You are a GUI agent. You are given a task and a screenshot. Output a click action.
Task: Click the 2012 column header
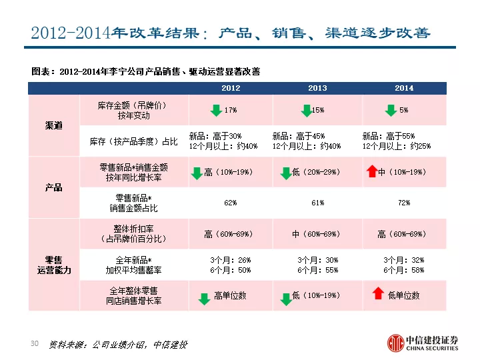[x=231, y=88]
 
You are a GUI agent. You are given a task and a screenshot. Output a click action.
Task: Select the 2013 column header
[x=317, y=88]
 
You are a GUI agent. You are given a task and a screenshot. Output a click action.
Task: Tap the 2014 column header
[x=404, y=88]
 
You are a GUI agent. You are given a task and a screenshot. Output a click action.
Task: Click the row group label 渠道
[x=54, y=125]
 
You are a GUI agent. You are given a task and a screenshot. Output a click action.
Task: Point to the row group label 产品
[x=54, y=187]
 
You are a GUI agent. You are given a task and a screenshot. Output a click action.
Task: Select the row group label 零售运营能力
[x=54, y=265]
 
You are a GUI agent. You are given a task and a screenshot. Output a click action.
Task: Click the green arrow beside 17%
[x=216, y=110]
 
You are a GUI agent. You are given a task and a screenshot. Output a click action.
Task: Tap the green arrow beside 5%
[x=391, y=110]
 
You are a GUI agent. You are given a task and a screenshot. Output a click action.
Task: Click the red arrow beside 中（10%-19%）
[x=372, y=171]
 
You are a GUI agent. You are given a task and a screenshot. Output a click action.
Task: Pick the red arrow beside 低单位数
[x=378, y=293]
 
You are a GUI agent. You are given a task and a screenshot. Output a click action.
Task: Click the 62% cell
[x=231, y=203]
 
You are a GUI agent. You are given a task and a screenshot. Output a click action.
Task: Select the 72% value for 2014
[x=404, y=203]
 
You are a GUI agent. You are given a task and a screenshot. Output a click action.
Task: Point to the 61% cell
[x=318, y=203]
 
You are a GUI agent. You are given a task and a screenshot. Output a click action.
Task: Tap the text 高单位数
[x=230, y=295]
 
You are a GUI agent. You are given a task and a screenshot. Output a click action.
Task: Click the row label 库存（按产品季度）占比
[x=134, y=141]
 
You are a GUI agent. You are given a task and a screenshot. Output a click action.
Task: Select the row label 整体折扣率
[x=134, y=229]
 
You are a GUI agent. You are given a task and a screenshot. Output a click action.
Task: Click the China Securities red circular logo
[x=396, y=343]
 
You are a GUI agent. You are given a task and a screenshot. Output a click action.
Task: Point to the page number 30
[x=35, y=343]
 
